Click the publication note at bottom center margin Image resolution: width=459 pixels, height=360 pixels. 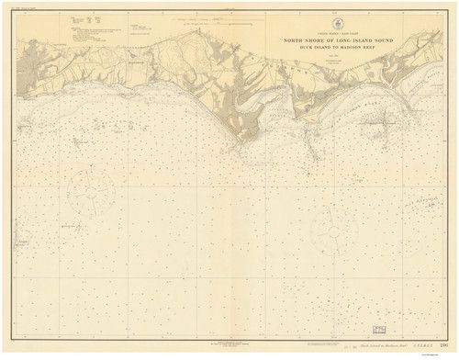(x=229, y=340)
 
